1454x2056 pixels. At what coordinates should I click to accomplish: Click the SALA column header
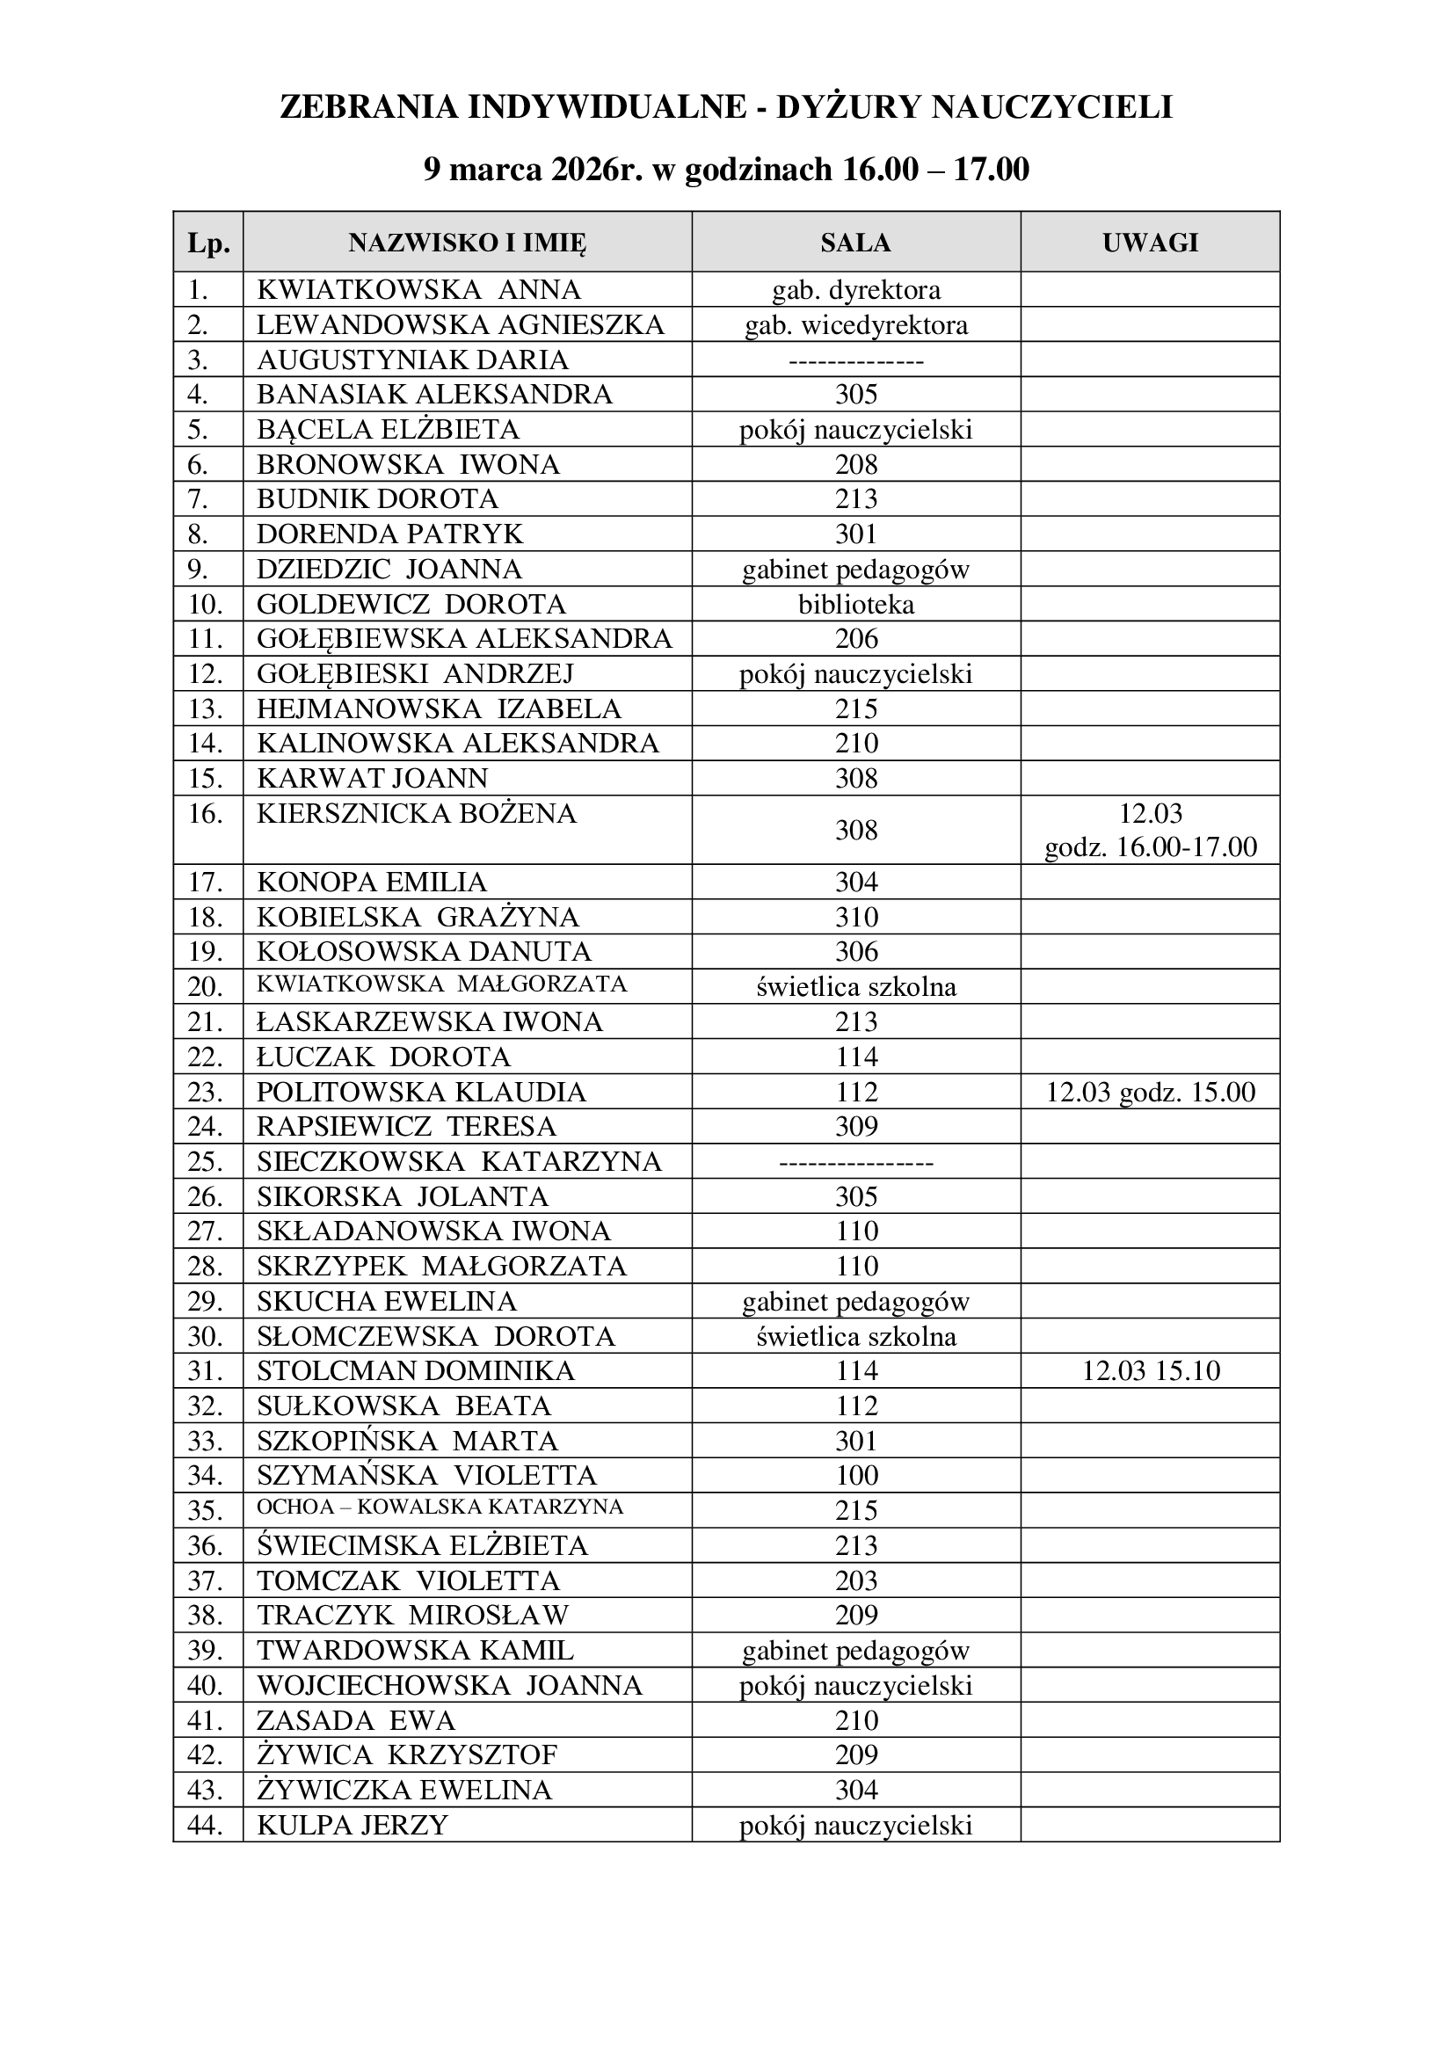855,243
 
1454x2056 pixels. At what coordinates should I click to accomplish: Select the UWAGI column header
1150,243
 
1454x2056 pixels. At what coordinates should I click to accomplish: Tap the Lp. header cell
207,243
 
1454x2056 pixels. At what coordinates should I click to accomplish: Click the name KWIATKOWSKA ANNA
418,290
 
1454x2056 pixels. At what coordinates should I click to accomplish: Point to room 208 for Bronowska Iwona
856,465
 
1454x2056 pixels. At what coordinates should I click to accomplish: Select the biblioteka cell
856,605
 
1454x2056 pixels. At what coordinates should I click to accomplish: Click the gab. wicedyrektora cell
856,325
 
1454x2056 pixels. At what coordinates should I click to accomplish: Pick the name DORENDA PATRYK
389,534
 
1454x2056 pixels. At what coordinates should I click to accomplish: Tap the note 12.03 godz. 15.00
1151,1093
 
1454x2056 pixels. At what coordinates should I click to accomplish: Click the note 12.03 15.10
1151,1371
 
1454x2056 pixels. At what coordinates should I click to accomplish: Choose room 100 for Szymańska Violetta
856,1476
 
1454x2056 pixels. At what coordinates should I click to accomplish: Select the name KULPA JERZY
352,1825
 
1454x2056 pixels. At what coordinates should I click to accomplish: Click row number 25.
205,1162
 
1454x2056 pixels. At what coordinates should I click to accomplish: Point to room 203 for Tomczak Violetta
856,1580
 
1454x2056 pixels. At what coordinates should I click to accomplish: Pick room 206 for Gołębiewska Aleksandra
856,639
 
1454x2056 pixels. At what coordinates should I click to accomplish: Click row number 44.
205,1825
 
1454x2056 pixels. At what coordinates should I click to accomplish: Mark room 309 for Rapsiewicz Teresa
856,1127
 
